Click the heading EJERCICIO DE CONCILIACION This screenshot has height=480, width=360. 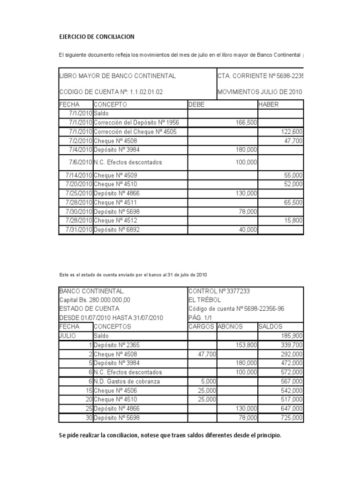coord(97,37)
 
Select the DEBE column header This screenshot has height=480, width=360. coord(196,105)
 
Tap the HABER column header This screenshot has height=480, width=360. coord(268,105)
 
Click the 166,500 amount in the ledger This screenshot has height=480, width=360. coord(247,122)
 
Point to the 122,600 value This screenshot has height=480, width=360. coord(292,132)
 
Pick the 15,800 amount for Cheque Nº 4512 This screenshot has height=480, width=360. coord(293,221)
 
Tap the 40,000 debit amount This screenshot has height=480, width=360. coord(247,230)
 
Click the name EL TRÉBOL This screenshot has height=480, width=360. coord(204,300)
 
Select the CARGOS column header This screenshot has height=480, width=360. coord(202,327)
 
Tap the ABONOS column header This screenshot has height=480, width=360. coord(230,327)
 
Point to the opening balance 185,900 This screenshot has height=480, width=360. coord(292,336)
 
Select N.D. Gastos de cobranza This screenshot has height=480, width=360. coord(127,381)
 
